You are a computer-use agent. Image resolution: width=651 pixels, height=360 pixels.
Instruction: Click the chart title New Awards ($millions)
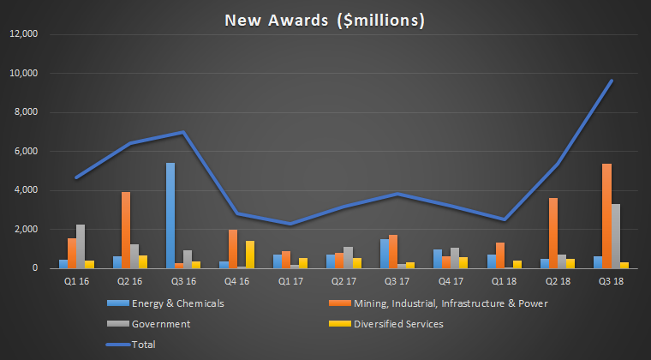[325, 18]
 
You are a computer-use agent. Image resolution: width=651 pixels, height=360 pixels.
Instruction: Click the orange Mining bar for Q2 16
[126, 230]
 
